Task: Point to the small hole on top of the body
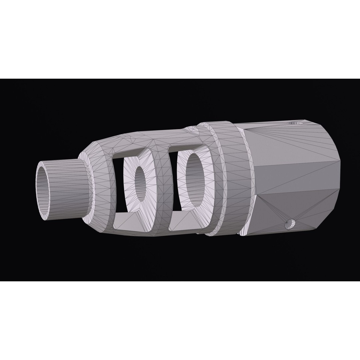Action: tap(295, 123)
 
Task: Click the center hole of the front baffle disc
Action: tap(140, 184)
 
